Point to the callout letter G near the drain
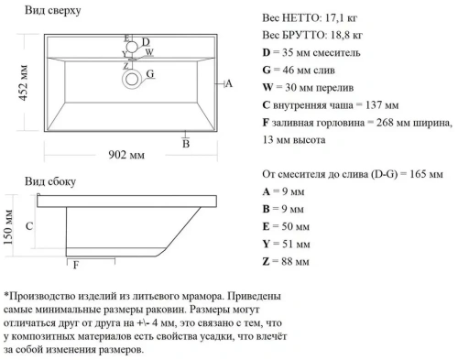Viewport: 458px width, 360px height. point(150,74)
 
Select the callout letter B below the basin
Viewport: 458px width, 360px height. point(185,145)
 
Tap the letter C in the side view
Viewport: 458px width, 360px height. point(29,225)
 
